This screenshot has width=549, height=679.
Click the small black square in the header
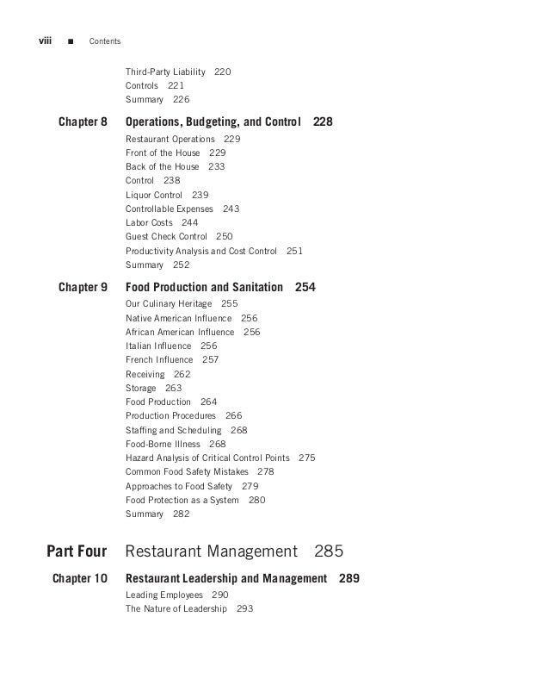pyautogui.click(x=70, y=41)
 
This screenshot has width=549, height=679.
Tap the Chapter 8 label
pyautogui.click(x=83, y=122)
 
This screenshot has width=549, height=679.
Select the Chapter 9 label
pyautogui.click(x=83, y=288)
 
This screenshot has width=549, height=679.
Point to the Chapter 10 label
pyautogui.click(x=80, y=579)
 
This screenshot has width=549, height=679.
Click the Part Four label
pyautogui.click(x=77, y=551)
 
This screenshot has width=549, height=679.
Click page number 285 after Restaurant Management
pyautogui.click(x=329, y=551)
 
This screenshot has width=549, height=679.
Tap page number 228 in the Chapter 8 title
pyautogui.click(x=323, y=122)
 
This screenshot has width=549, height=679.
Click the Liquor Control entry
pyautogui.click(x=154, y=196)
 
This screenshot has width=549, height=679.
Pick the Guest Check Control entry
pyautogui.click(x=166, y=237)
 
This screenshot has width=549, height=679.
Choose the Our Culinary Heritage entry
pyautogui.click(x=169, y=304)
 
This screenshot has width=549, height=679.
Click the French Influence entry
pyautogui.click(x=159, y=360)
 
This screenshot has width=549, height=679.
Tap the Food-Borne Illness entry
pyautogui.click(x=163, y=444)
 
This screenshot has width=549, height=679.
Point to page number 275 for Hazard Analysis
pyautogui.click(x=306, y=458)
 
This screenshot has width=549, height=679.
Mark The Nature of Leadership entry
pyautogui.click(x=176, y=609)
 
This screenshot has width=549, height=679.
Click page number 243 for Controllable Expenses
pyautogui.click(x=231, y=209)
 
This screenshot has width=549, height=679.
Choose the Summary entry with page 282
pyautogui.click(x=144, y=514)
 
